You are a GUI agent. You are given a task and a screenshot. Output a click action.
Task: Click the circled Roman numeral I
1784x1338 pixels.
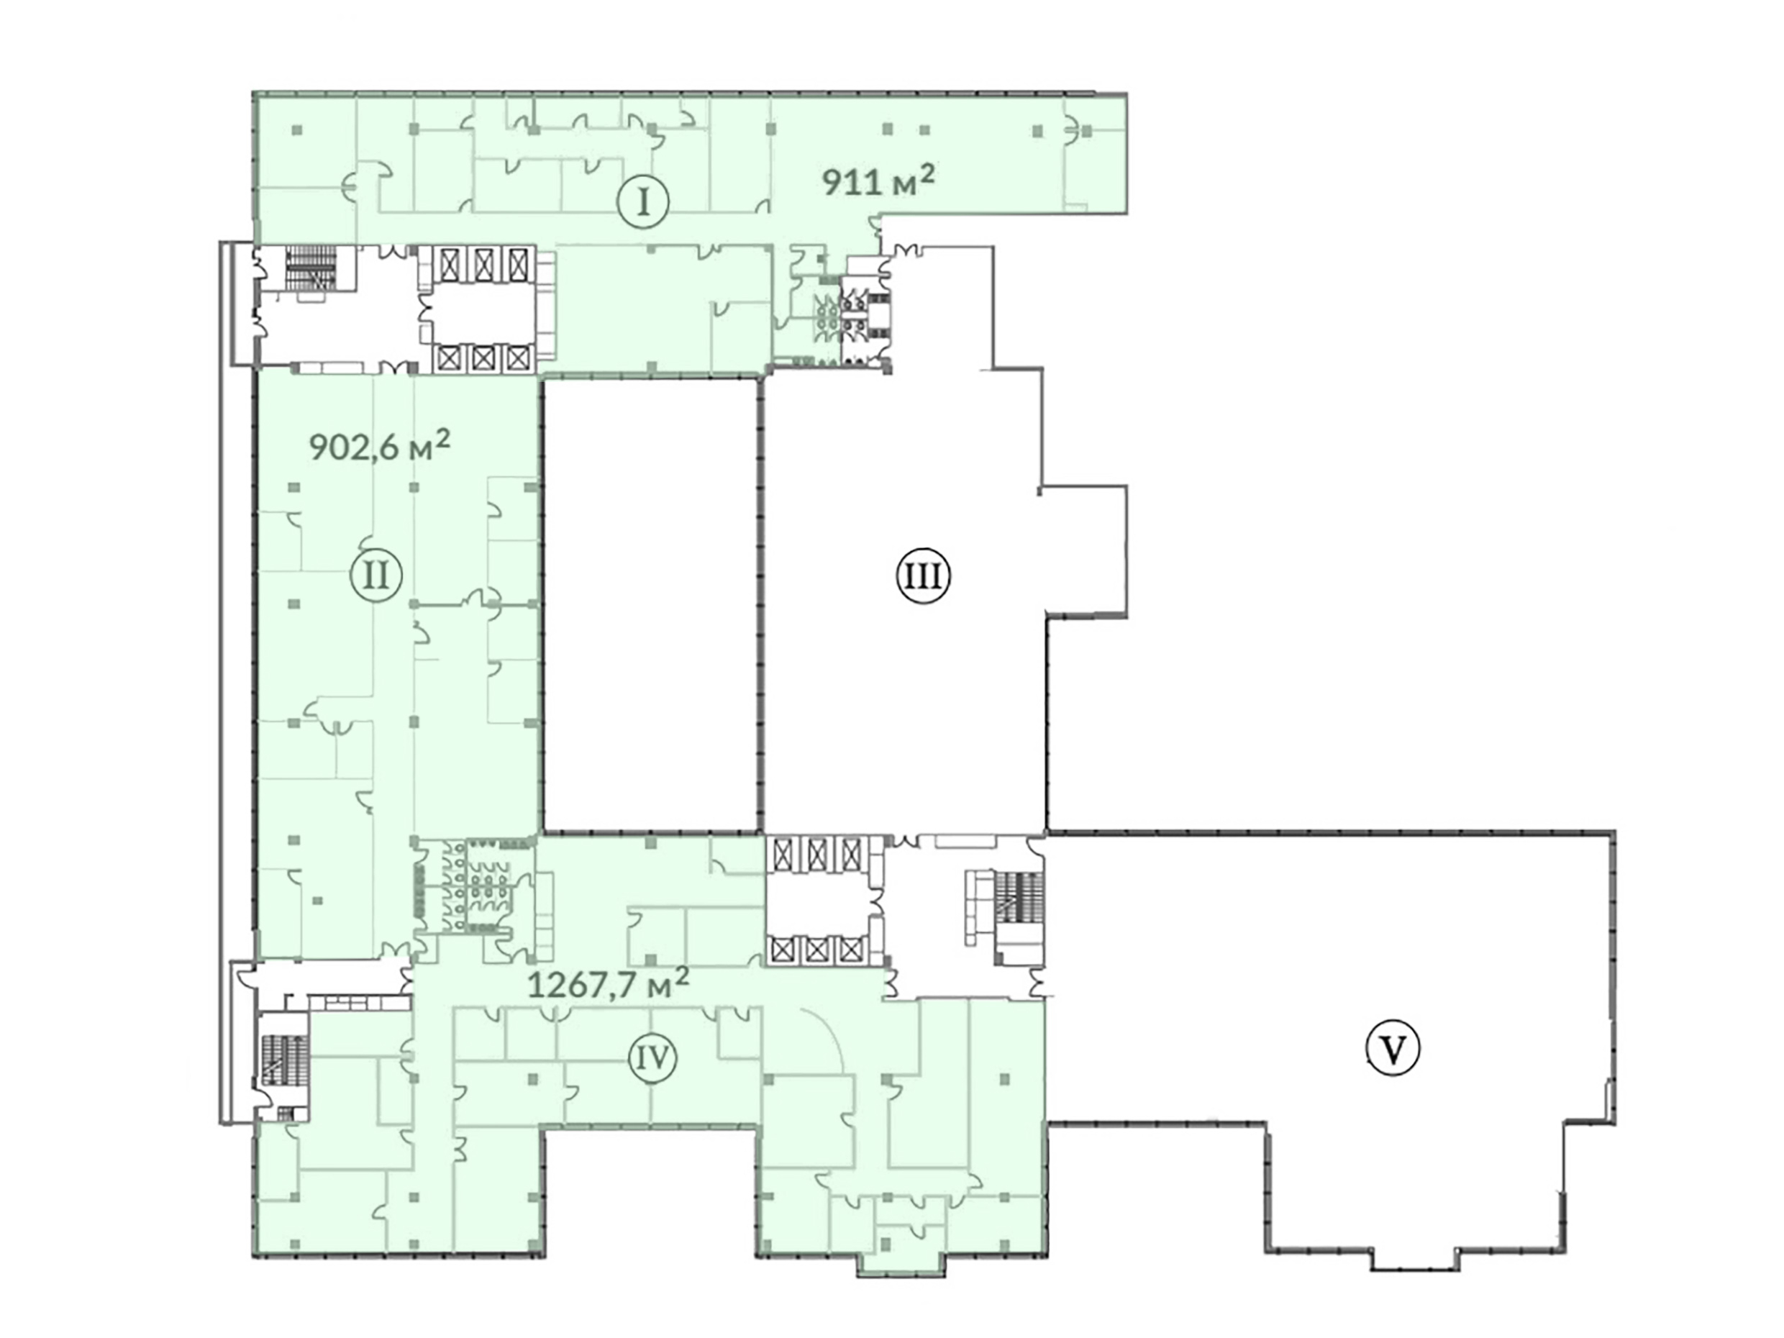click(x=644, y=202)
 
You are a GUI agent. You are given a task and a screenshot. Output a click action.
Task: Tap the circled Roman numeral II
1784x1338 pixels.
click(x=376, y=577)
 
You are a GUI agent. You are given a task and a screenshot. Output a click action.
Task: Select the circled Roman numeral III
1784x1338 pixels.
click(x=924, y=577)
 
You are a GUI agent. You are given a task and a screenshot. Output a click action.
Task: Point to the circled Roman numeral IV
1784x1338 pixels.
click(x=652, y=1057)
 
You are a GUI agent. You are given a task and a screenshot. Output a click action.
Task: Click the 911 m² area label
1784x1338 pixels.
click(x=879, y=181)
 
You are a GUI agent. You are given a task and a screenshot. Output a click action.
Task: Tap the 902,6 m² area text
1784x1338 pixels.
click(x=380, y=445)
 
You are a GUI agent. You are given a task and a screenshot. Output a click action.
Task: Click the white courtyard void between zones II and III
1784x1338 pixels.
click(x=651, y=605)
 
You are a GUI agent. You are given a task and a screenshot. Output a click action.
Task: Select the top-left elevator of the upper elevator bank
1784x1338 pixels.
click(x=446, y=261)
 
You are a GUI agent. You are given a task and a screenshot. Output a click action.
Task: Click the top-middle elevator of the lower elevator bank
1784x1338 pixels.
click(x=817, y=852)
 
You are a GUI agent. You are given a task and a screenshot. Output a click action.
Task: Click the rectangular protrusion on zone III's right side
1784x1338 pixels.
click(x=1086, y=552)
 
